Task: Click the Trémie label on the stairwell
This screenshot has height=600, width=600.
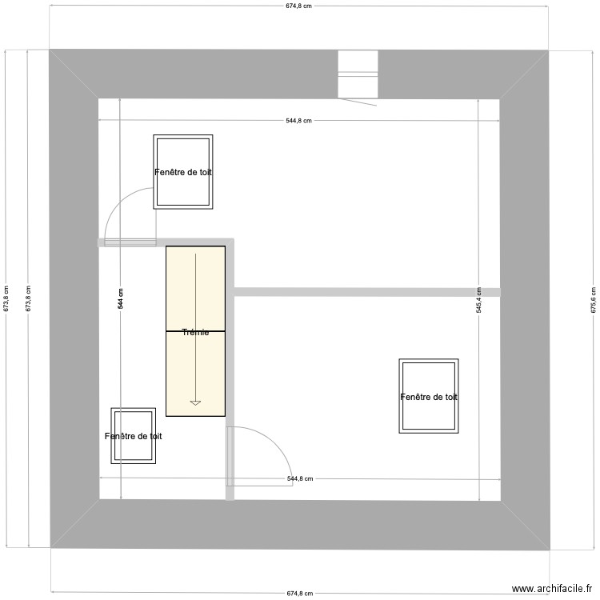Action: [195, 332]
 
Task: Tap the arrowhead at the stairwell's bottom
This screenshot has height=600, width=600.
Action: [195, 403]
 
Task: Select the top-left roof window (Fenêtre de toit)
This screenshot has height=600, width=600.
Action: [183, 172]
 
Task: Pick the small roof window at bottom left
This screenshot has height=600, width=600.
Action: [133, 436]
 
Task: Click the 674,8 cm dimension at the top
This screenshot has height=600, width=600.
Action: [298, 6]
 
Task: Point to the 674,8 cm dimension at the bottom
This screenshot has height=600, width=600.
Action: [298, 594]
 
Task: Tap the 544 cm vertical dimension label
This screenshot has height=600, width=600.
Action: [121, 299]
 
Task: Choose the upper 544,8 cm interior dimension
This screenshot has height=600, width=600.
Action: [298, 121]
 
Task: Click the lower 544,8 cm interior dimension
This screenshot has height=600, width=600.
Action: [299, 479]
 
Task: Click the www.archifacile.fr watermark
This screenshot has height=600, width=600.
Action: [551, 589]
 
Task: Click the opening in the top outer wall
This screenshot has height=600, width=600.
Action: [357, 74]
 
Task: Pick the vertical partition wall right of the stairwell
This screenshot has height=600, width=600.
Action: [231, 368]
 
